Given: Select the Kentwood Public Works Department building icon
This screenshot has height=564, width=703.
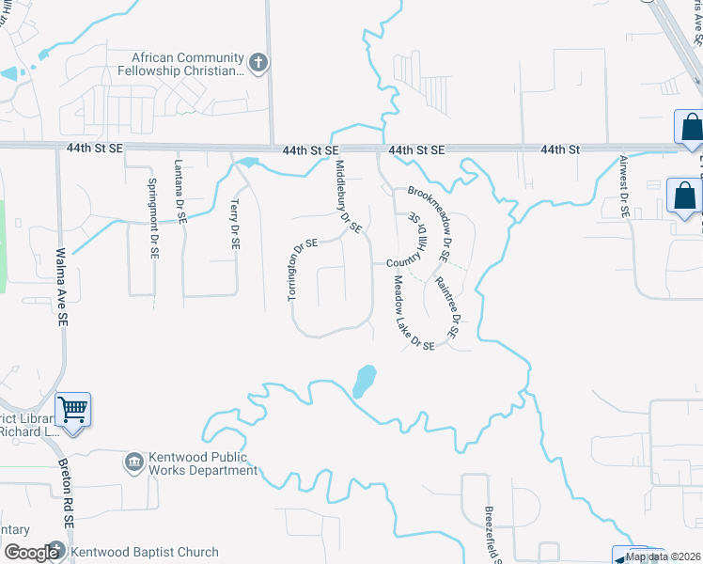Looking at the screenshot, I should click(133, 462).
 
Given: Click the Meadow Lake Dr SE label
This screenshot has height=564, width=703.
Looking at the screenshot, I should click(413, 313).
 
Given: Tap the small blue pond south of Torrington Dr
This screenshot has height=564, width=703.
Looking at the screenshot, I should click(364, 382).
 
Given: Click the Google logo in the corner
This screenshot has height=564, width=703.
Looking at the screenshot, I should click(30, 553).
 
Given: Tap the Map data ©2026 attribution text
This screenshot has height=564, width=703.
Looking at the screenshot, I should click(664, 556).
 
